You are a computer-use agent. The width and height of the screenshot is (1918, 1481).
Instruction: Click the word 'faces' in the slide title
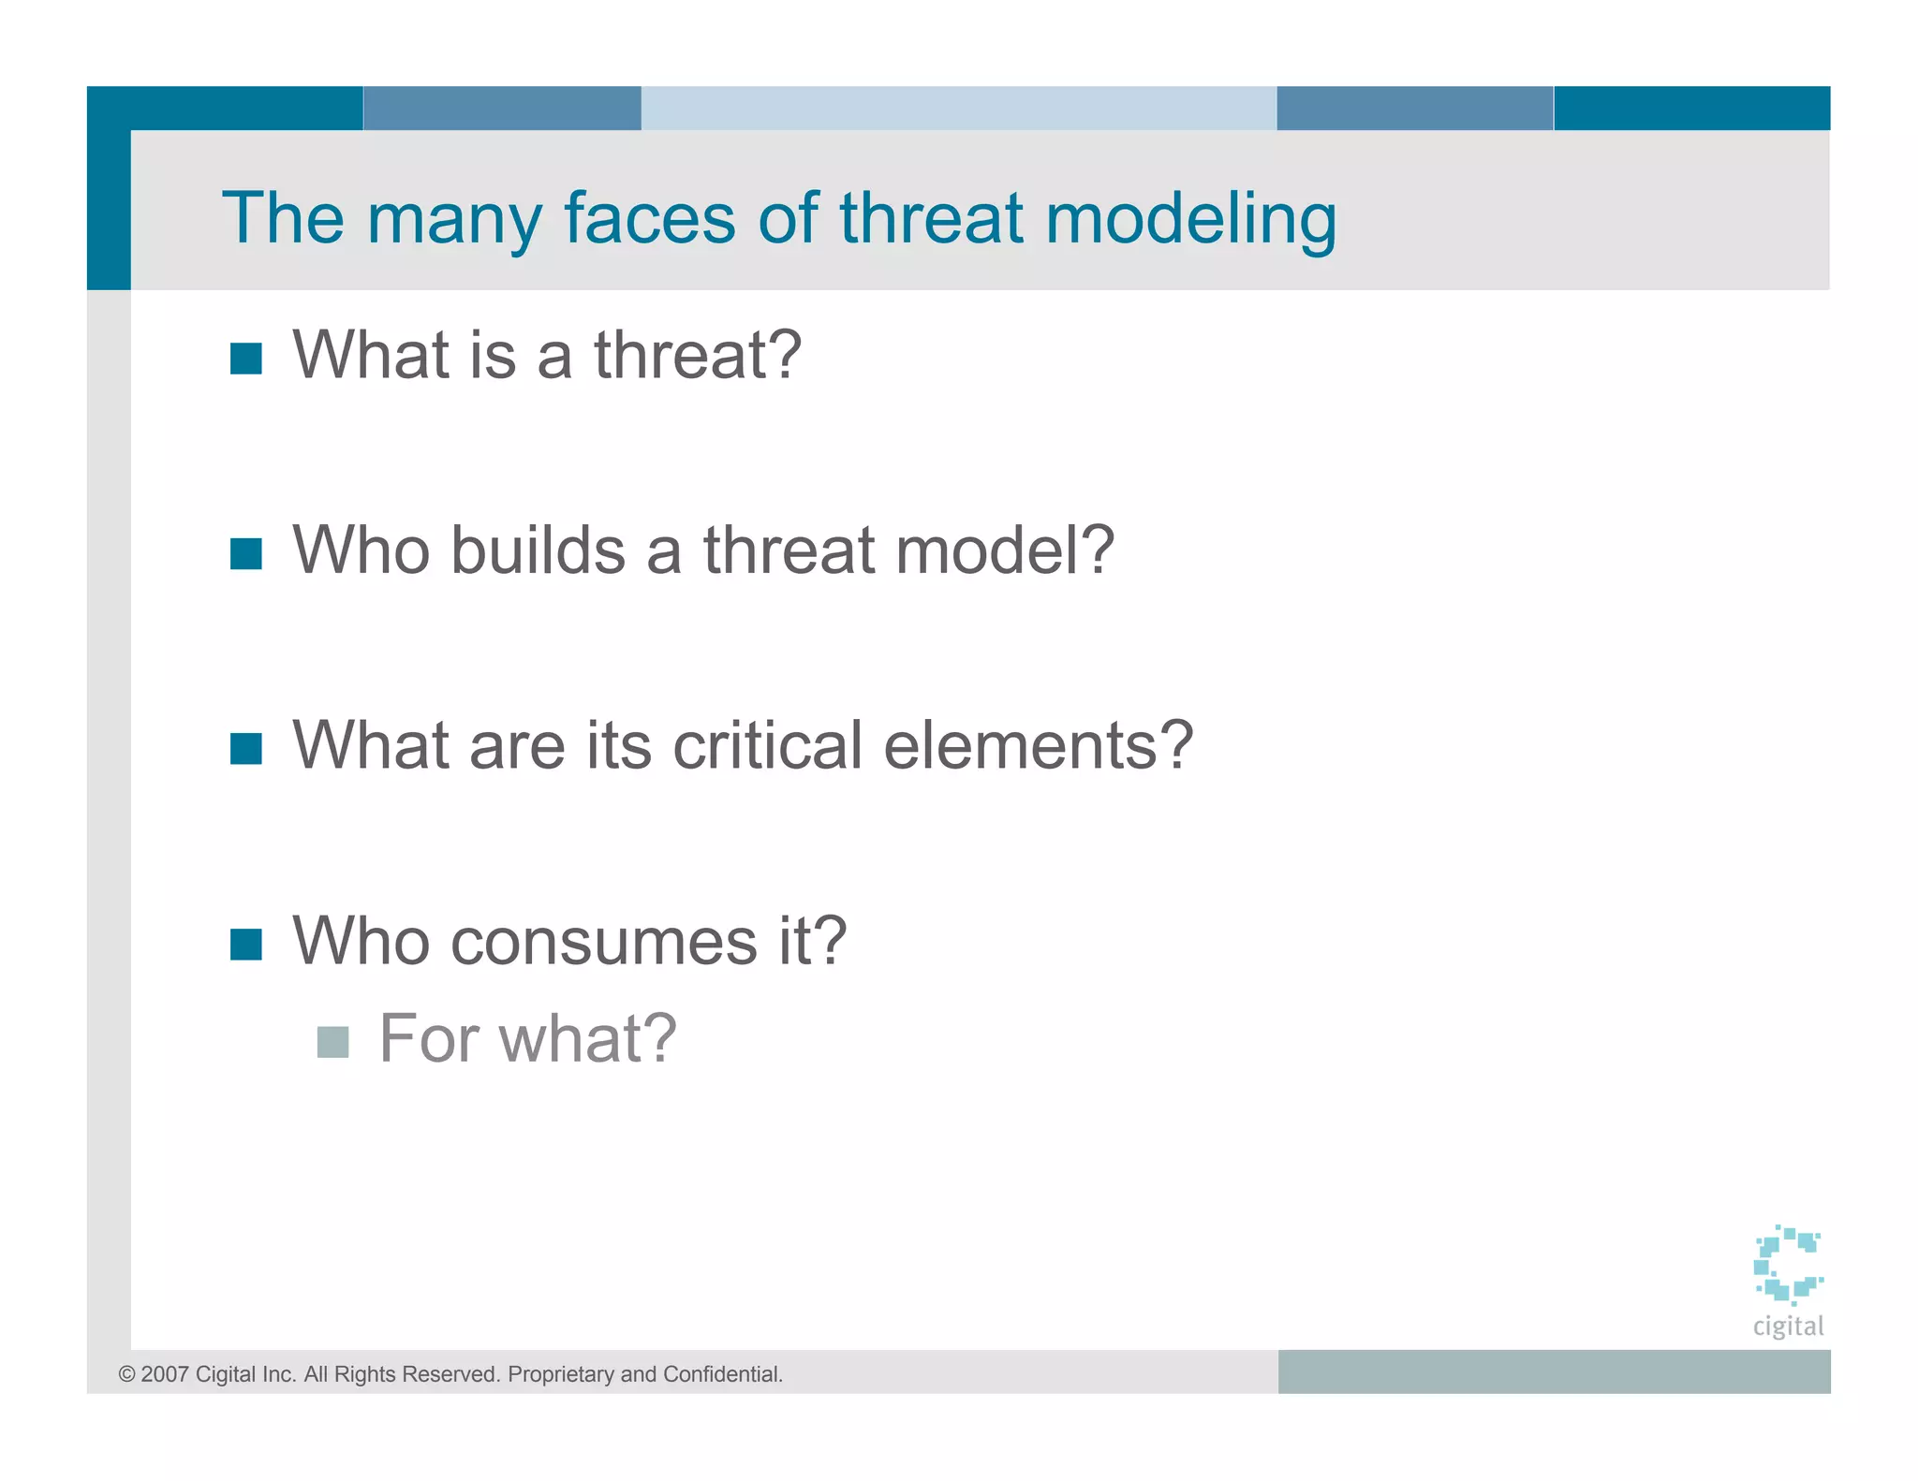[649, 218]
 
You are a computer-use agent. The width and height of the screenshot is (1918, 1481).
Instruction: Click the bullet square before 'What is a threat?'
[245, 358]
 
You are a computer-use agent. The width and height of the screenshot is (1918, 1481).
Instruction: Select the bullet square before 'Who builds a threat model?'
[245, 553]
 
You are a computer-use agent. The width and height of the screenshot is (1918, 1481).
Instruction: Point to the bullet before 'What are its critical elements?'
[245, 748]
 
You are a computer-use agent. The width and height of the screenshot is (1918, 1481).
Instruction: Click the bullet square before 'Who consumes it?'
[245, 944]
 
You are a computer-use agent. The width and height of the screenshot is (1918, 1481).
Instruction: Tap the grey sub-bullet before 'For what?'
[332, 1041]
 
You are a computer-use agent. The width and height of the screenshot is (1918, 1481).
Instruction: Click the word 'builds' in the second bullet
[538, 550]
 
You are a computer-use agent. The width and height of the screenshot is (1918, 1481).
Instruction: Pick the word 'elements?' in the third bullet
[1038, 746]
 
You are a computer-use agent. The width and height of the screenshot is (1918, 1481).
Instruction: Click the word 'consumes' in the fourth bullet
[604, 942]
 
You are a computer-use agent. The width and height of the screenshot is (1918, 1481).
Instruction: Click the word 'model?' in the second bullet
[1004, 550]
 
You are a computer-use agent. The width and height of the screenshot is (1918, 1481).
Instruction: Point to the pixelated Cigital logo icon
[1787, 1265]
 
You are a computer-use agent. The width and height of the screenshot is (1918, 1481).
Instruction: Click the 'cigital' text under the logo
[1788, 1326]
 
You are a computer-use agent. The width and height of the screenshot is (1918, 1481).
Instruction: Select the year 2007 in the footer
[165, 1374]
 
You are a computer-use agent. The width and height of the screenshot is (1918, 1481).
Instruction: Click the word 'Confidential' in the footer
[721, 1374]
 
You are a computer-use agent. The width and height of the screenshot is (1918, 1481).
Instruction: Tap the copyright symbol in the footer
[126, 1374]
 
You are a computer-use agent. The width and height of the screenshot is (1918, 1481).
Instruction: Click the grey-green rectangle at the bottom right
[1553, 1371]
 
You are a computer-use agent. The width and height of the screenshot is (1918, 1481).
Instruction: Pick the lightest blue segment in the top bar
[958, 108]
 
